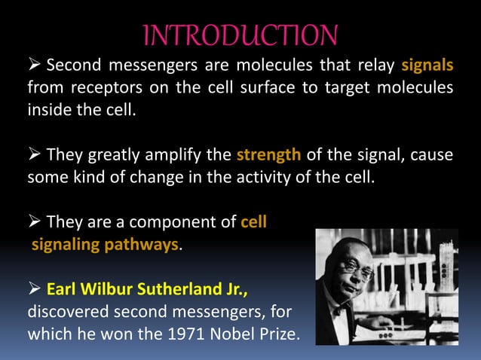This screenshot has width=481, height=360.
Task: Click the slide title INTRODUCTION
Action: [240, 35]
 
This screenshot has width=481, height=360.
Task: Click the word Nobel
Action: [225, 334]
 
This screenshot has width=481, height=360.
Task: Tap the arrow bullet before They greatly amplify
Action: [35, 156]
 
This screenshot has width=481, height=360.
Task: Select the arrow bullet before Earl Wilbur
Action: [35, 290]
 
